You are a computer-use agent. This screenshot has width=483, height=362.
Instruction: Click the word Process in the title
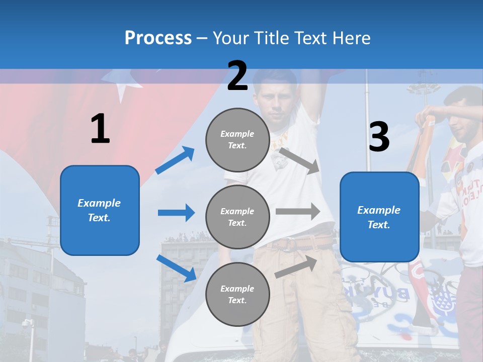(x=158, y=38)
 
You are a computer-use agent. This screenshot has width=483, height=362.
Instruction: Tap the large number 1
(x=100, y=129)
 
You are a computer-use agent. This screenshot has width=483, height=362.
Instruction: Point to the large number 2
(x=237, y=76)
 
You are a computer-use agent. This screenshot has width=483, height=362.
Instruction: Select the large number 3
(x=379, y=137)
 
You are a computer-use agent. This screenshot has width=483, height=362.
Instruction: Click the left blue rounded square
(x=100, y=210)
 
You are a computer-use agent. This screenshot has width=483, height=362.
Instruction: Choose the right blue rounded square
(x=379, y=217)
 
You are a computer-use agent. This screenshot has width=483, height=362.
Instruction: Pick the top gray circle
(x=237, y=140)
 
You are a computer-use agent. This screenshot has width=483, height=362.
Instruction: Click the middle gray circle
(x=237, y=217)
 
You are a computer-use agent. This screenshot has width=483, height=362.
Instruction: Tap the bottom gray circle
(x=237, y=294)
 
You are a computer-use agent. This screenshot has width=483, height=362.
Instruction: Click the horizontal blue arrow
(x=176, y=213)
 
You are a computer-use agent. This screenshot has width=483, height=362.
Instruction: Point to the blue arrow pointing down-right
(x=176, y=268)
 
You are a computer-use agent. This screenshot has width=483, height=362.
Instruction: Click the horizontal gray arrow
(x=298, y=211)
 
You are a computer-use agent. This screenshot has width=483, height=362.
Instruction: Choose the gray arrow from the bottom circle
(x=296, y=266)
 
